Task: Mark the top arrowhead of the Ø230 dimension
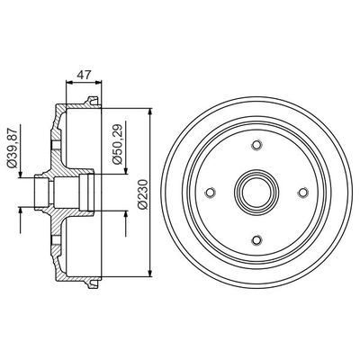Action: [147, 112]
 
